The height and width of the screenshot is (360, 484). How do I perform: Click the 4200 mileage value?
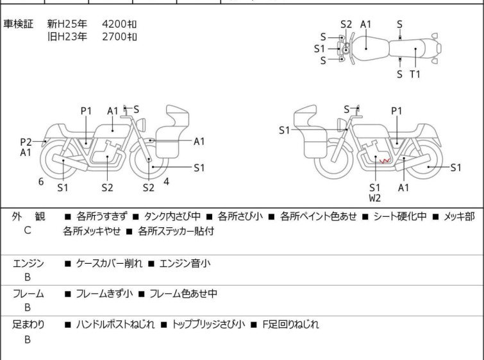click(x=119, y=24)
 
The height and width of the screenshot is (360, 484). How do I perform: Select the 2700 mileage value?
click(x=119, y=37)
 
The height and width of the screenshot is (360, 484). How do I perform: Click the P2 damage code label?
click(x=26, y=142)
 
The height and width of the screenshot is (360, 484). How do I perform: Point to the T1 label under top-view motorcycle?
click(x=415, y=74)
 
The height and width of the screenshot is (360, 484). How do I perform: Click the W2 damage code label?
click(x=375, y=198)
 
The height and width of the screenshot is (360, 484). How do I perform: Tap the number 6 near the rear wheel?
click(x=41, y=182)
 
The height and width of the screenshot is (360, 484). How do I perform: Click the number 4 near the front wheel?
click(x=166, y=181)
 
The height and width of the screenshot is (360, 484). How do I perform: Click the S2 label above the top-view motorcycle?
click(x=346, y=24)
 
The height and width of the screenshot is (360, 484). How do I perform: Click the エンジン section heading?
click(x=28, y=263)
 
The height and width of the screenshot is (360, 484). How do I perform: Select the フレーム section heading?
click(x=28, y=294)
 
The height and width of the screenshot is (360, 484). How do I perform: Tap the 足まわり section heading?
click(x=28, y=325)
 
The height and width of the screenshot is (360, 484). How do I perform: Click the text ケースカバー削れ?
click(x=109, y=263)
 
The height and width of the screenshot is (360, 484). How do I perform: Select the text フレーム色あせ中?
click(x=183, y=294)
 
